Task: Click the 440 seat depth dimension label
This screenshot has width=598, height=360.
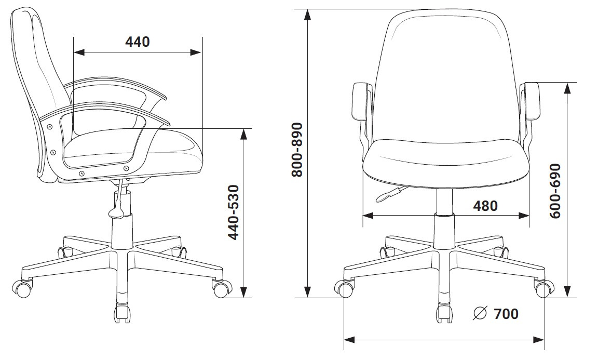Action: (x=138, y=42)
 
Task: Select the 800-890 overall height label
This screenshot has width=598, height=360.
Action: (x=296, y=150)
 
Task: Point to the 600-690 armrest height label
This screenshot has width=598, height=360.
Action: (x=555, y=191)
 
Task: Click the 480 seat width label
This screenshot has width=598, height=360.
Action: (x=485, y=206)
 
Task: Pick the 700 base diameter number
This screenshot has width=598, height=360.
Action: (x=506, y=314)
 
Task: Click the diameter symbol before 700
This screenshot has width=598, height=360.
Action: (x=480, y=313)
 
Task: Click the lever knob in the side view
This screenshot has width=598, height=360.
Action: (x=116, y=213)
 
